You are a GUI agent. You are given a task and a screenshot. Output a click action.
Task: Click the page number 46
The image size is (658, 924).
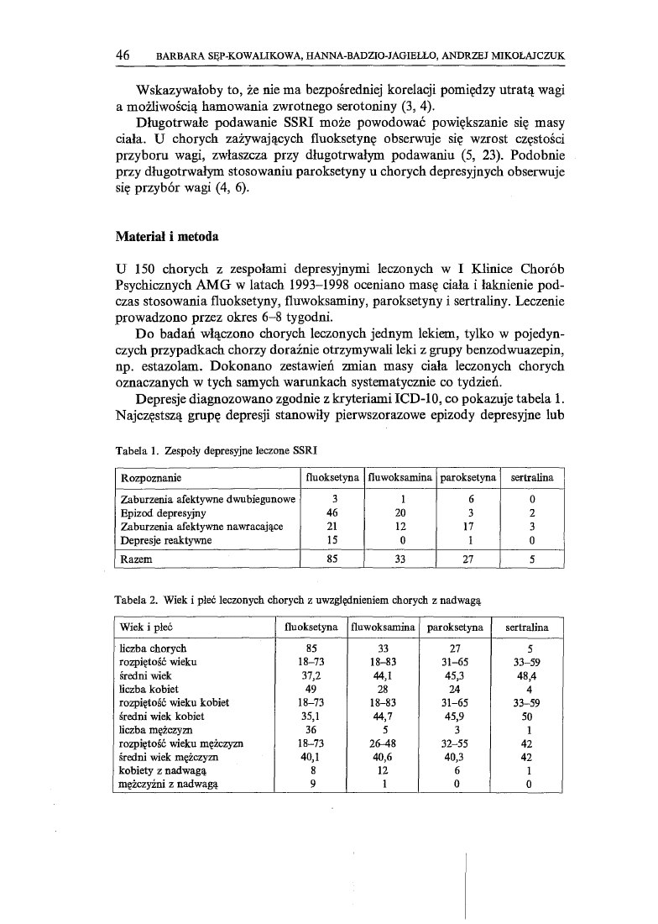(x=123, y=55)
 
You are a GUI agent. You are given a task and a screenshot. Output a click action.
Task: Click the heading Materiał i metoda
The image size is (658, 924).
(x=166, y=237)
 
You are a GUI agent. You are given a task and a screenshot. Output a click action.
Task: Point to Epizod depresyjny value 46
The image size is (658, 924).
(x=331, y=512)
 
